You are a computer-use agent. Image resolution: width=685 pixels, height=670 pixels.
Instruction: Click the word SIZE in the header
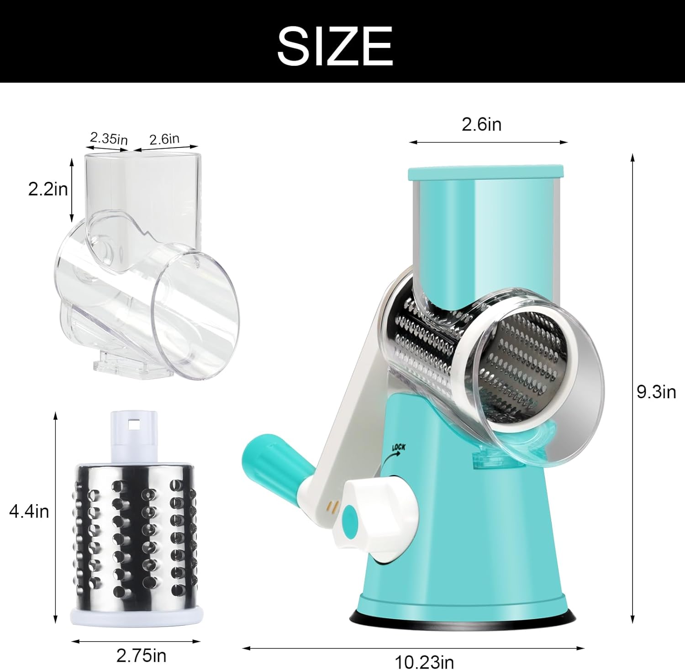[335, 46]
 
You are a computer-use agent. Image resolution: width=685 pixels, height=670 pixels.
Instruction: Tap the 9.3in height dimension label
[656, 392]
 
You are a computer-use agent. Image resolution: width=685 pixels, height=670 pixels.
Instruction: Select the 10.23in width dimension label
[424, 661]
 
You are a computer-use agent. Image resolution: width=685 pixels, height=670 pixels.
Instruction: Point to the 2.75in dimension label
[141, 656]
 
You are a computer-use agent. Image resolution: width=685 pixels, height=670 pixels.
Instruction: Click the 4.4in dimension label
[29, 512]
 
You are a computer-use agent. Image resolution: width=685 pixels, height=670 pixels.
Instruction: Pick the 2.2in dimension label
[48, 189]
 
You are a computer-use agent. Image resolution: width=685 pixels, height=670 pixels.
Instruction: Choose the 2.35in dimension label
[109, 138]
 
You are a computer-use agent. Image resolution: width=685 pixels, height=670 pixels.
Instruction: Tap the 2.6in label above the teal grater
[481, 124]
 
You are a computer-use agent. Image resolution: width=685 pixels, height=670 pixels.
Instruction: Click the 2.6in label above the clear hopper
[164, 139]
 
